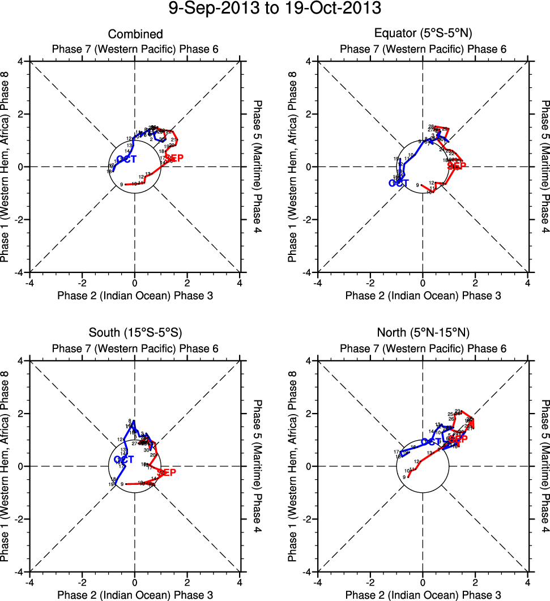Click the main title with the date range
pos(275,9)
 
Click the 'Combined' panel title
pos(135,35)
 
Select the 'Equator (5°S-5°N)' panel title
pos(423,35)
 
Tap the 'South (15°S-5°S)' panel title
pos(135,333)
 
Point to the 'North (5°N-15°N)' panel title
pos(423,333)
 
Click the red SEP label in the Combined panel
pos(174,158)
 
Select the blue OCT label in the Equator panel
pos(398,183)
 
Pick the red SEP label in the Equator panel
pos(457,166)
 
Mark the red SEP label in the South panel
pos(167,472)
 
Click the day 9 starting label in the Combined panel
pos(122,185)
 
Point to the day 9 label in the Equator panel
pos(417,185)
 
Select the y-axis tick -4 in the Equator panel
pos(309,272)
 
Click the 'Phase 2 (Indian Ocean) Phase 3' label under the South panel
pos(135,595)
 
